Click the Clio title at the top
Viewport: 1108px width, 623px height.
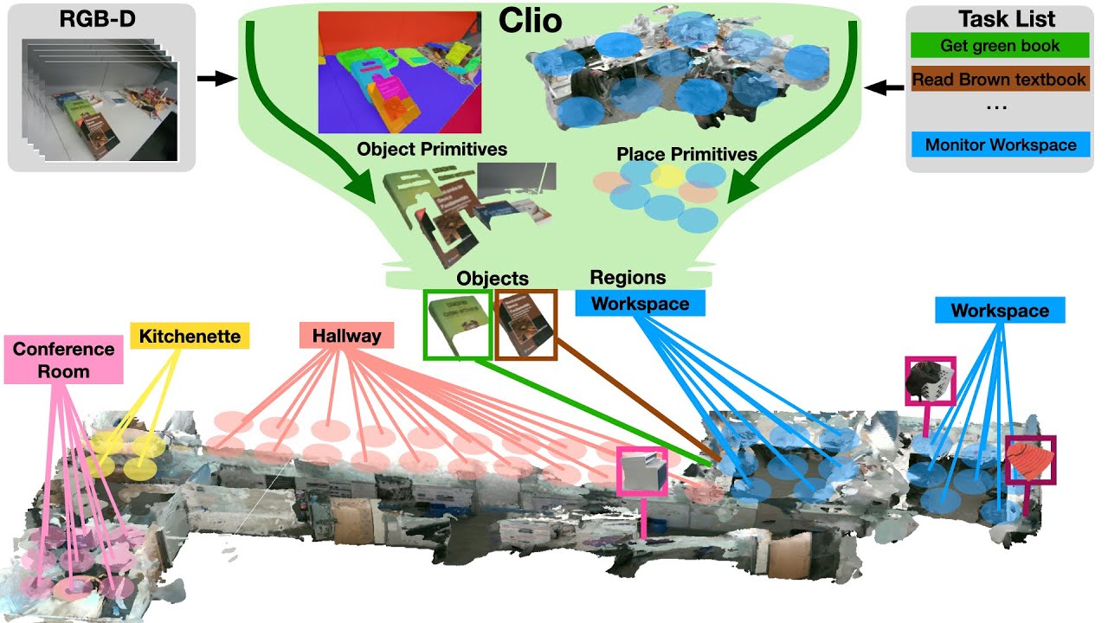click(x=531, y=20)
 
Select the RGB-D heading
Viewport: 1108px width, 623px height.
click(x=96, y=20)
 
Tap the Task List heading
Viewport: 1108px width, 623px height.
click(x=1006, y=20)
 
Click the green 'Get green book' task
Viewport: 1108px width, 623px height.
click(x=1000, y=47)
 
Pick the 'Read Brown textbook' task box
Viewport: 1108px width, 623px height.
click(x=1000, y=80)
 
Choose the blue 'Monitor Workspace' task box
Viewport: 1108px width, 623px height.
click(x=1000, y=145)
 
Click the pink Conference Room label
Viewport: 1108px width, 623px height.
click(x=63, y=360)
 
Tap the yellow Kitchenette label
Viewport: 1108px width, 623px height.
click(x=190, y=336)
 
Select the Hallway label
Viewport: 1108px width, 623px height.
click(x=346, y=336)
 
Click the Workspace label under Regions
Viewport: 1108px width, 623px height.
click(x=640, y=304)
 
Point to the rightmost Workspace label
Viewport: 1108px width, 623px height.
click(x=999, y=311)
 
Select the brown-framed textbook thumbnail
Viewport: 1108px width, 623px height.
click(x=525, y=324)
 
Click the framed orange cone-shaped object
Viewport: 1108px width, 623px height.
click(x=1030, y=459)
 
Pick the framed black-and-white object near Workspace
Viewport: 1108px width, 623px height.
click(x=930, y=380)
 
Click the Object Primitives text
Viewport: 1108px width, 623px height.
click(x=432, y=149)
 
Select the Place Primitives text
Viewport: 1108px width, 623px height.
click(x=686, y=154)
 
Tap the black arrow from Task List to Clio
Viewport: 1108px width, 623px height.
click(x=883, y=87)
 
